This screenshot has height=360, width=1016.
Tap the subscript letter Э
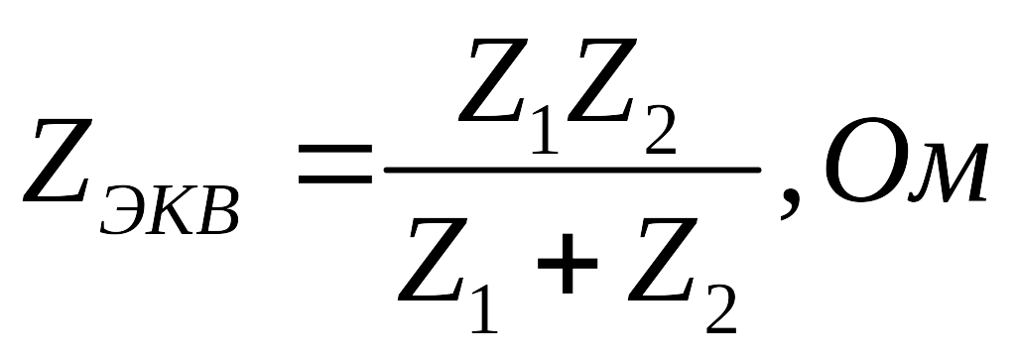pos(123,209)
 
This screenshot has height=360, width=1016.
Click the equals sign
pos(335,164)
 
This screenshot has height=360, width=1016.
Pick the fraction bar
pos(572,170)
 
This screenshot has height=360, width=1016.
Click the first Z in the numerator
pos(493,80)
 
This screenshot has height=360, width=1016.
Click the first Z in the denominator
pos(433,260)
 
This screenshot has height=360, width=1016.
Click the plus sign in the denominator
pos(567,263)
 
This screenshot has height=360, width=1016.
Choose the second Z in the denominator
pos(663,260)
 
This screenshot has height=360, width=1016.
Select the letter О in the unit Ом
pos(862,160)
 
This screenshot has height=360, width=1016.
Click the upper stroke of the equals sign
pos(335,149)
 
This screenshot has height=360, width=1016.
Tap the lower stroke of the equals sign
pos(335,180)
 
